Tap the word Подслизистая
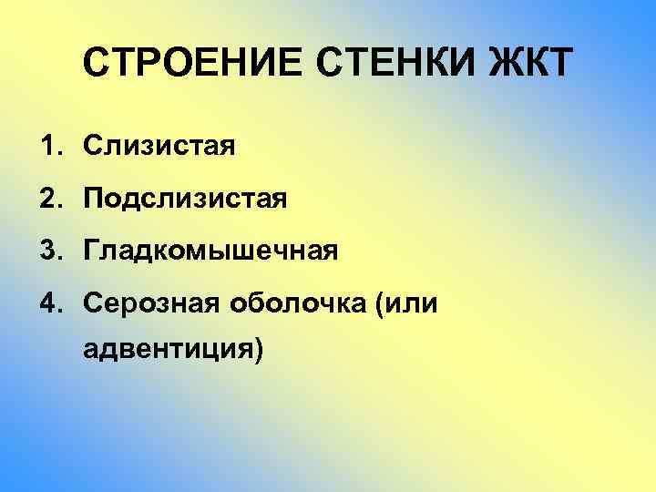[x=186, y=198]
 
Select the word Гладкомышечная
[x=211, y=251]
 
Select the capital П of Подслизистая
[x=94, y=198]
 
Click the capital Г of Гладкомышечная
[x=92, y=250]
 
